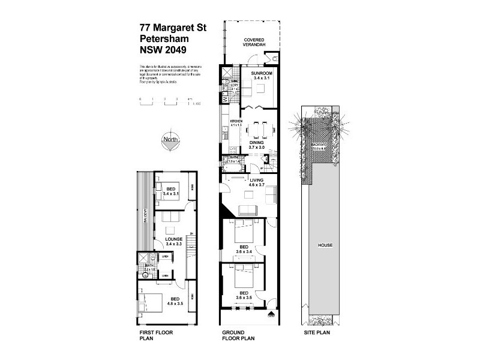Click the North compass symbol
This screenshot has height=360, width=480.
tap(170, 142)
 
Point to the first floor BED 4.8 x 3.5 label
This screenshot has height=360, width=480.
tap(175, 301)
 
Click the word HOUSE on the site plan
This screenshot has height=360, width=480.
tap(326, 245)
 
